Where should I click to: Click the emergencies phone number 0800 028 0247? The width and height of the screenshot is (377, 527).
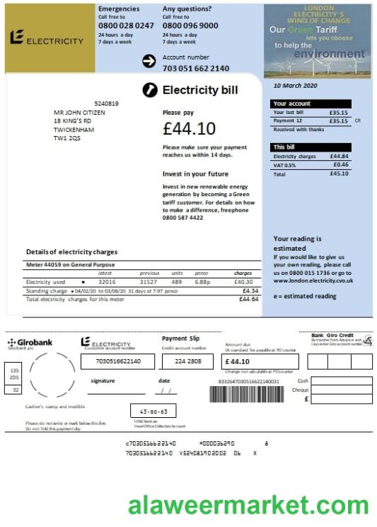[x=126, y=25]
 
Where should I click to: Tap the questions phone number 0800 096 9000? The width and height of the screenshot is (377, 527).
[x=190, y=25]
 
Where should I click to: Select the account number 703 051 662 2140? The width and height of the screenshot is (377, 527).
[x=196, y=69]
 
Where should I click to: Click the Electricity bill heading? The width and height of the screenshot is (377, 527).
[x=200, y=91]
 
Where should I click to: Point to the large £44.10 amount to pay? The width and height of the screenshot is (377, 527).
[x=189, y=129]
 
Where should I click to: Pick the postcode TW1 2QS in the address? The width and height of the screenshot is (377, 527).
[x=67, y=138]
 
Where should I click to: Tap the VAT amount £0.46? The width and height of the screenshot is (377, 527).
[x=340, y=164]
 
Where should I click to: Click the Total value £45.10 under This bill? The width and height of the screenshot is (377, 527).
[x=339, y=174]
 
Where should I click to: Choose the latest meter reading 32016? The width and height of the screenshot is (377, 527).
[x=107, y=282]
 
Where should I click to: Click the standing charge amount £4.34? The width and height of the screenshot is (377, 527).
[x=250, y=290]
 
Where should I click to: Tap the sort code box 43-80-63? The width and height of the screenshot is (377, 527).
[x=153, y=411]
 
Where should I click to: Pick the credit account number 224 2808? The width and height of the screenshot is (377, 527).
[x=187, y=361]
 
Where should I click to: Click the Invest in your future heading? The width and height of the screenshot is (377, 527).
[x=195, y=174]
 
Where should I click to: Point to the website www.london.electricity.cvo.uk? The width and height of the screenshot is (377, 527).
[x=313, y=280]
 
